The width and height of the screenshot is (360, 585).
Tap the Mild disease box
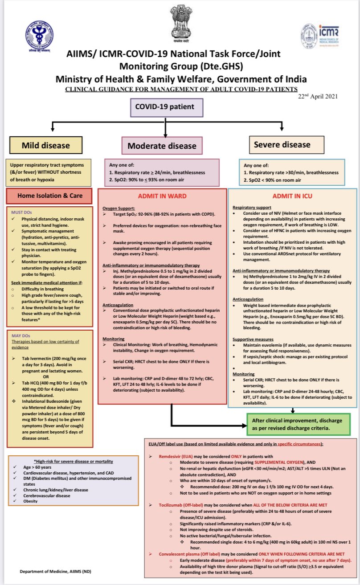point(46,145)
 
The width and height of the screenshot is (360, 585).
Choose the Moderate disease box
point(162,146)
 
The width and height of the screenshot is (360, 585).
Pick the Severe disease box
point(282,145)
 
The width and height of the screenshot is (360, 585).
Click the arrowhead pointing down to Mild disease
point(53,130)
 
